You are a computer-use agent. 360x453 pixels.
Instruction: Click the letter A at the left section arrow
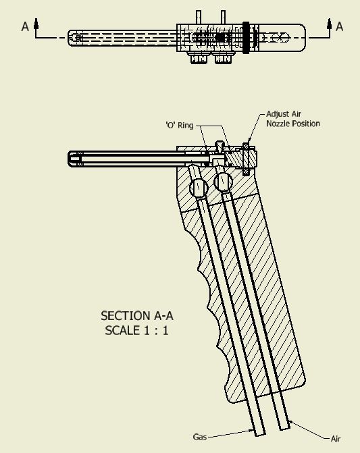point(25,26)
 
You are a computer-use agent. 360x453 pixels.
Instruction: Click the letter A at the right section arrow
point(340,26)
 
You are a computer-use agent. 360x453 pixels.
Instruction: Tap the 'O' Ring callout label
point(180,126)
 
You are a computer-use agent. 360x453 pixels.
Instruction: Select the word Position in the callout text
point(306,124)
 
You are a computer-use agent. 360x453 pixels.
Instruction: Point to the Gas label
point(200,437)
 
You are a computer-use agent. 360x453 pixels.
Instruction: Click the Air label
point(336,439)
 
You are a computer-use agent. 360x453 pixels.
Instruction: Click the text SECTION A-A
point(137,316)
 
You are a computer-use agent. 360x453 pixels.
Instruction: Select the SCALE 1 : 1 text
point(136,330)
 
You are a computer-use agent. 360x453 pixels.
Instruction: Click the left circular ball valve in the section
point(199,188)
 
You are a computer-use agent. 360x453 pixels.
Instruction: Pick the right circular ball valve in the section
point(223,182)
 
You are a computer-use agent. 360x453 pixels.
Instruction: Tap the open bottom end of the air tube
point(284,427)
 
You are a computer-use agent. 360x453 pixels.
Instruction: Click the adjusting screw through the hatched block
point(246,159)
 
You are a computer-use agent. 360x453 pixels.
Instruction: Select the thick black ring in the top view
point(246,38)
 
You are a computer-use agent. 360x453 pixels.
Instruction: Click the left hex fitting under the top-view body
point(199,58)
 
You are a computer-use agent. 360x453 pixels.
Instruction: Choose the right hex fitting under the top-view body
point(223,58)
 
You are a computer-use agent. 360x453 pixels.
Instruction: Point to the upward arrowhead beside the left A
point(36,24)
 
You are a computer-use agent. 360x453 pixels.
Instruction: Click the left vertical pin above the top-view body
point(199,18)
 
